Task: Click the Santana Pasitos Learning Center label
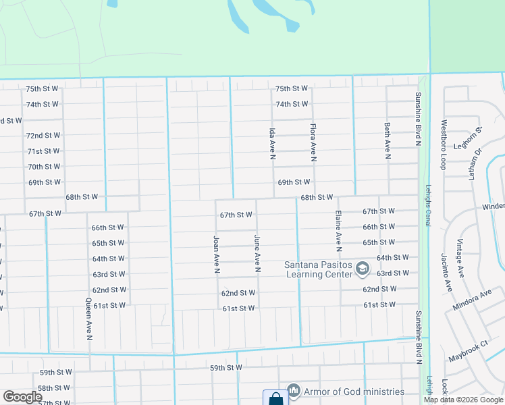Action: point(318,269)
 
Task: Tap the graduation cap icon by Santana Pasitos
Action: point(363,269)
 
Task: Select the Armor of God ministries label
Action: point(354,391)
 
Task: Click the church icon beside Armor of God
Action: point(293,391)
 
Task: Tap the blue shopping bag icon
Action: point(275,399)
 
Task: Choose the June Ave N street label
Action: point(257,254)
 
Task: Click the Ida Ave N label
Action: point(273,142)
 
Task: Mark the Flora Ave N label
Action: point(313,142)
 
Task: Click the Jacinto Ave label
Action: point(445,273)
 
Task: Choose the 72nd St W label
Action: point(43,136)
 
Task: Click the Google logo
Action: point(22,397)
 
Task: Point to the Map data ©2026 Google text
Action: point(462,400)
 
